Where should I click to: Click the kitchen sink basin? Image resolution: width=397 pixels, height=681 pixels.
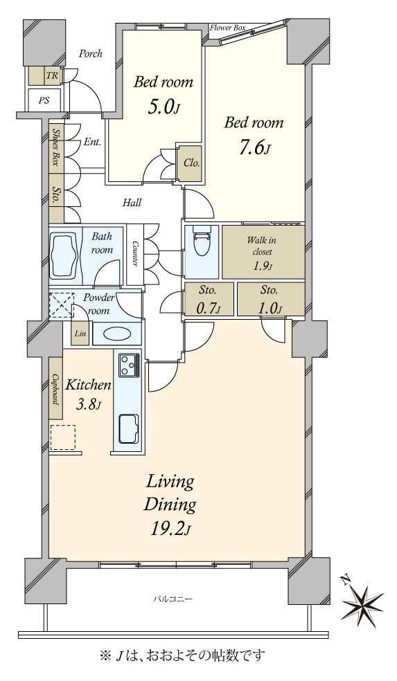point(129,429)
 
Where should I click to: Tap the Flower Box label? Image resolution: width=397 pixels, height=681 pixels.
point(228,28)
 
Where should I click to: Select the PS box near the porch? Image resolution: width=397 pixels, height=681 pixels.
point(44,100)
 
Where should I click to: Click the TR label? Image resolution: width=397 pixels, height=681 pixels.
point(52,75)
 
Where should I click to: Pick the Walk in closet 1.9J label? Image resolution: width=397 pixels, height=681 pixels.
point(262,253)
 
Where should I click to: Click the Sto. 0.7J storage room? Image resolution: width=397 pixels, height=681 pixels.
point(208,300)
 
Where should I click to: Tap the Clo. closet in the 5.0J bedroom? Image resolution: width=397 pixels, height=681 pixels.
point(191,163)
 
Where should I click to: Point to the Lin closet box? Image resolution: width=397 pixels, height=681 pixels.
point(80,334)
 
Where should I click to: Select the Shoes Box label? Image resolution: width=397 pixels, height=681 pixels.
point(55,147)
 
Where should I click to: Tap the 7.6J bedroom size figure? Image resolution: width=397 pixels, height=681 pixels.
point(254,149)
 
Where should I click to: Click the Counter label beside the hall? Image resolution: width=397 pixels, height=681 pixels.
point(135,254)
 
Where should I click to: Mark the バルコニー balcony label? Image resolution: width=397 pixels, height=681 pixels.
point(173,599)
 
